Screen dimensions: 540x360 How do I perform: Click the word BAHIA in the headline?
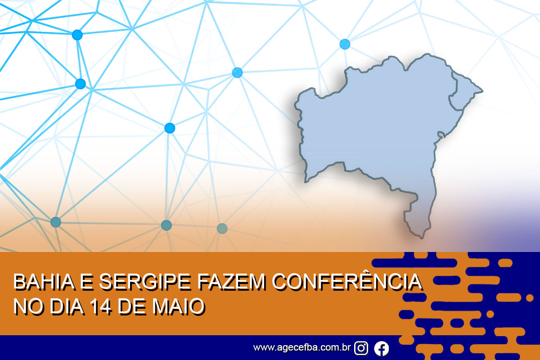point(44,281)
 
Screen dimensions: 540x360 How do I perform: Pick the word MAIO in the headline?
point(178,306)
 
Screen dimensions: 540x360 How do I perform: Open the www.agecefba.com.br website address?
point(302,347)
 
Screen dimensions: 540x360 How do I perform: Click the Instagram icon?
point(361,348)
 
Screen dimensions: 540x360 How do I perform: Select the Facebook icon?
point(382,348)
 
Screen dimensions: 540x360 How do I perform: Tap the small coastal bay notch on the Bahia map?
point(441,135)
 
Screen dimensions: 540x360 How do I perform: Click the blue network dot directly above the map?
point(345,44)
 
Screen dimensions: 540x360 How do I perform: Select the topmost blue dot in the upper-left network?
point(77,35)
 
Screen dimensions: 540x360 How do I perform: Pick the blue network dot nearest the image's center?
point(237,72)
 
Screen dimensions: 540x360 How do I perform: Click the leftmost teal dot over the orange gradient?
point(56,222)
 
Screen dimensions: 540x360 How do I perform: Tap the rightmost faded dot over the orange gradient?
point(222,228)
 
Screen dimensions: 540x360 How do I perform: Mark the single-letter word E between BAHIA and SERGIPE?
point(87,281)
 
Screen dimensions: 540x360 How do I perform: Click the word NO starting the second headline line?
point(29,306)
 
